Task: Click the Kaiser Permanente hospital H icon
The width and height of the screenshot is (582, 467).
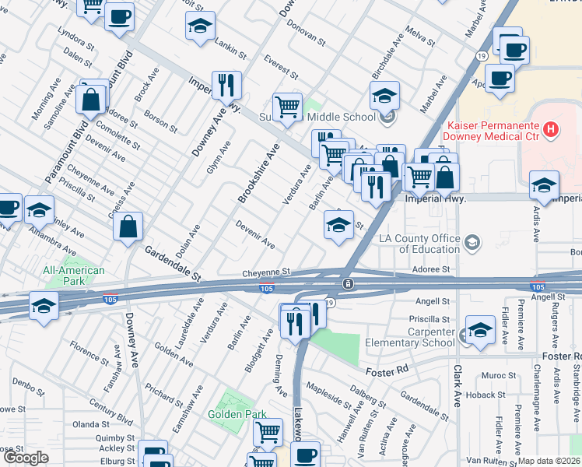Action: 551,129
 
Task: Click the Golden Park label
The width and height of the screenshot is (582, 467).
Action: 237,414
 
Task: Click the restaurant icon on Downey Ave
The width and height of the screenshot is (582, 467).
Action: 226,86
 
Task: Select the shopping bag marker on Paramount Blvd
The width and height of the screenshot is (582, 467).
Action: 92,100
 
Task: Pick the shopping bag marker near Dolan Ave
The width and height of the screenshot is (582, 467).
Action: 128,227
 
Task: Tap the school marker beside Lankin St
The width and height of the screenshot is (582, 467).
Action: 200,26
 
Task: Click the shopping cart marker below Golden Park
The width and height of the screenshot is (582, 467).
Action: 268,432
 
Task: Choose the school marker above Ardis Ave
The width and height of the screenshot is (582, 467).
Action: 544,186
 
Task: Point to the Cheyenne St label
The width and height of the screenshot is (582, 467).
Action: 266,272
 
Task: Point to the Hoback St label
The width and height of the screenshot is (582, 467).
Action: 486,395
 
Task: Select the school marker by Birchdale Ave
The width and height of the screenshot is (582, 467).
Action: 384,97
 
